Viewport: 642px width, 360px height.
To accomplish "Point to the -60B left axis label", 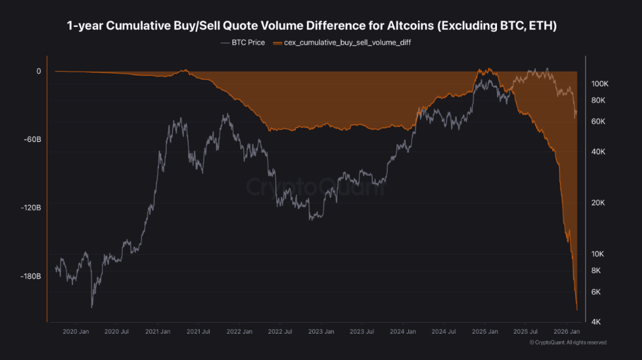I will coord(32,140).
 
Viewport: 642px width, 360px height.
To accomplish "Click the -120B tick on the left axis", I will coord(30,208).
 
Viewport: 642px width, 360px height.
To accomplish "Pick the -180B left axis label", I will coord(30,276).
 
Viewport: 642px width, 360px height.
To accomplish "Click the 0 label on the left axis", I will coord(38,71).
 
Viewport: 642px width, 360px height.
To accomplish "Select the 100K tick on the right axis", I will coord(599,83).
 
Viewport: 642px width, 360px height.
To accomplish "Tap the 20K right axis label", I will coord(598,202).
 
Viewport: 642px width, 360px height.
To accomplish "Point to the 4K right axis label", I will coord(596,322).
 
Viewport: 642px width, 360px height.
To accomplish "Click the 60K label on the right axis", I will coord(598,122).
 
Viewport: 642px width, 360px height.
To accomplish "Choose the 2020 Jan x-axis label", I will coord(77,331).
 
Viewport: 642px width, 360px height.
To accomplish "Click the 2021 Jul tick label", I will coord(198,331).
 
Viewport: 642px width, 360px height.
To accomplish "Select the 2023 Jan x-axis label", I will coord(320,331).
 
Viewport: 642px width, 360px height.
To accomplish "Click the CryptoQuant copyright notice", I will coord(568,343).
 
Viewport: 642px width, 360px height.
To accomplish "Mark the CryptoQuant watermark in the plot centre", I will coord(315,187).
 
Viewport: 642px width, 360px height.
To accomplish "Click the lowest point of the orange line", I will coord(577,310).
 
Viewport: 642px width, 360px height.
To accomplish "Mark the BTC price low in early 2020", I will coord(92,307).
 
